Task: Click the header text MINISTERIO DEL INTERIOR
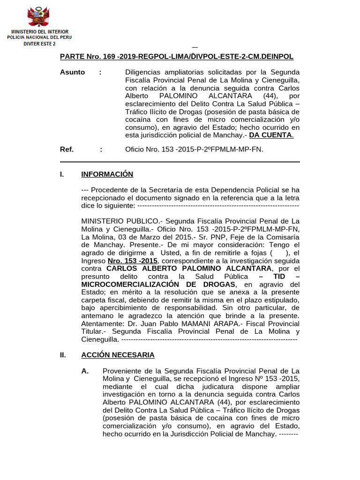(39, 31)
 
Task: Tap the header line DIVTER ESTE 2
(39, 44)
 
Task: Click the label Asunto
(72, 72)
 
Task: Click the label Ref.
(67, 149)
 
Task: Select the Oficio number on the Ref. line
(194, 149)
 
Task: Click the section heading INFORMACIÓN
(107, 174)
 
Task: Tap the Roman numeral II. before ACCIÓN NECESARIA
(63, 355)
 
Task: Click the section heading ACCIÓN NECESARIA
(118, 355)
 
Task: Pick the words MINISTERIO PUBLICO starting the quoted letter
(120, 221)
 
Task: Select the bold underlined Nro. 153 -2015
(133, 261)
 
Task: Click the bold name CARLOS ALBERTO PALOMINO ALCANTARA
(189, 268)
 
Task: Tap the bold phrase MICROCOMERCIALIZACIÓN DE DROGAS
(158, 284)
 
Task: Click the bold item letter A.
(85, 371)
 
